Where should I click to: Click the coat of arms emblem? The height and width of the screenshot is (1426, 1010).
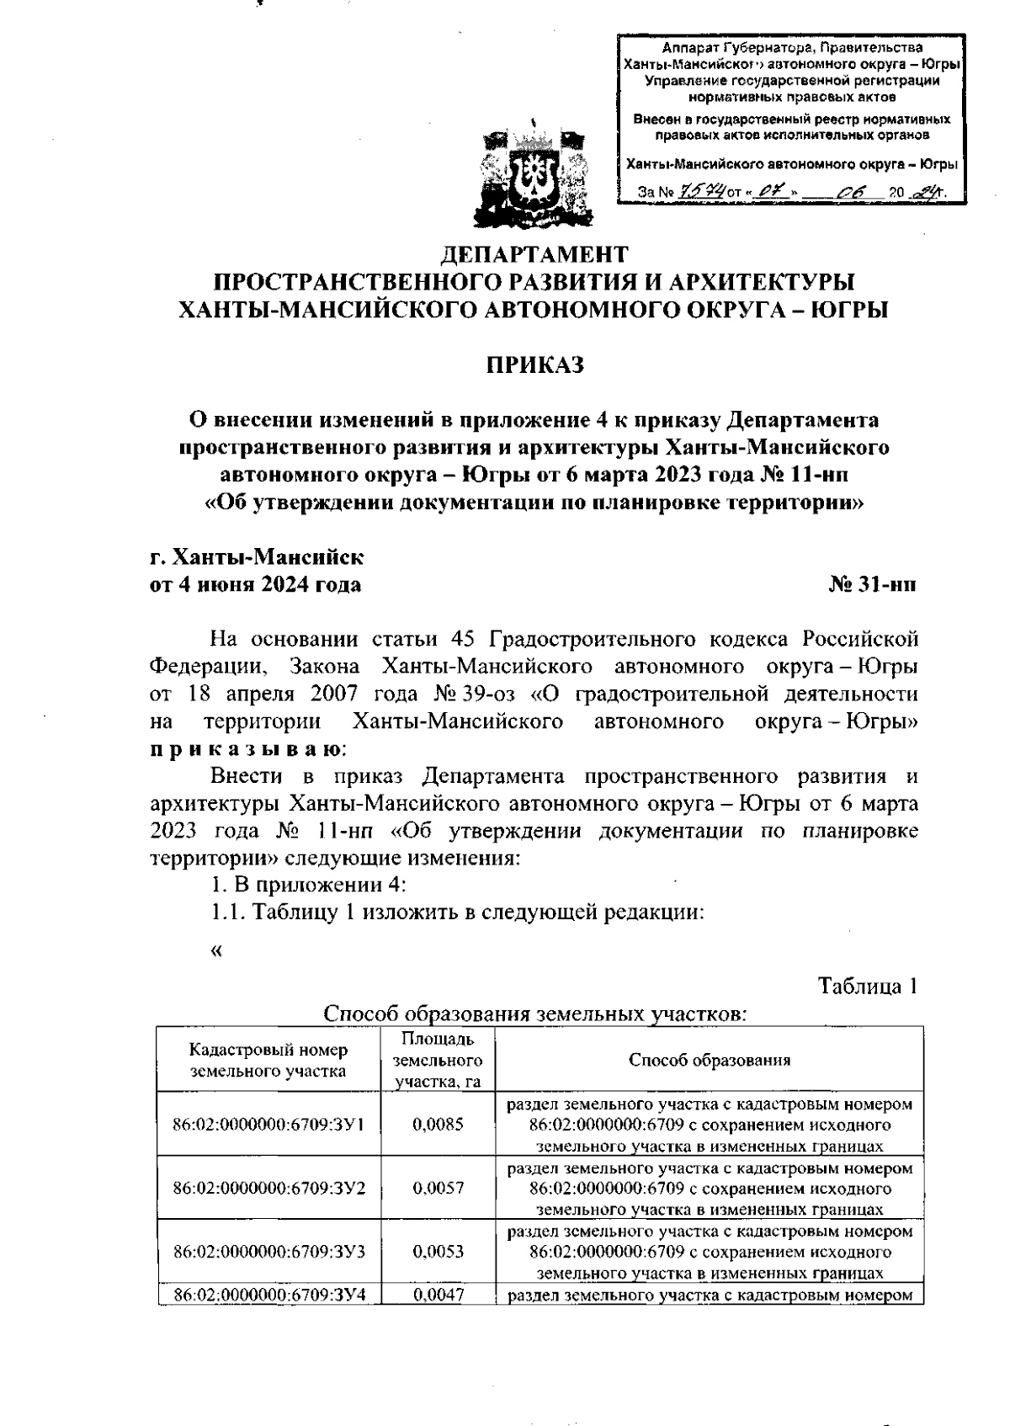click(533, 176)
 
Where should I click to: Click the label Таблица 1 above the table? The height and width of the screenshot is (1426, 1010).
click(868, 987)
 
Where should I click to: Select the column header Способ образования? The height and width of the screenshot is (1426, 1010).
click(710, 1060)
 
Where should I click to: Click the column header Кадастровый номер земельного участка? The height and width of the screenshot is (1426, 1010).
click(268, 1061)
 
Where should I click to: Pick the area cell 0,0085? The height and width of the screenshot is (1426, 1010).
click(438, 1125)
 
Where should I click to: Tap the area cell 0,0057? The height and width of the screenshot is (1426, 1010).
click(438, 1188)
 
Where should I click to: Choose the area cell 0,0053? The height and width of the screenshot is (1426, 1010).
click(438, 1251)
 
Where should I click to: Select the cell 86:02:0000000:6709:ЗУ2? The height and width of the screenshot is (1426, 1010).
click(268, 1188)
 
